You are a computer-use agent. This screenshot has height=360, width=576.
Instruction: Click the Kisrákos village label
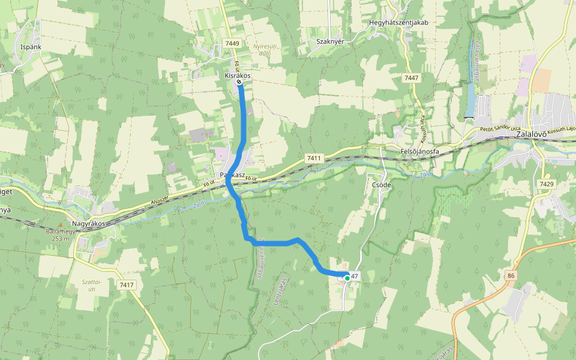tap(237, 76)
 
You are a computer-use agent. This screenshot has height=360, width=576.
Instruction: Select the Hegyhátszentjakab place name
tap(398, 22)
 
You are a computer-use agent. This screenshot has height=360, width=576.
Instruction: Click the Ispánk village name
tap(30, 46)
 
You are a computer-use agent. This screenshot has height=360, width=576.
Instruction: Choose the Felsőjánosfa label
tap(419, 152)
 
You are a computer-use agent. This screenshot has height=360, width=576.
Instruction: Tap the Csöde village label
tap(382, 185)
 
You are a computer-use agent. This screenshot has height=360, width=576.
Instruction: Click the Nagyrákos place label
tap(88, 224)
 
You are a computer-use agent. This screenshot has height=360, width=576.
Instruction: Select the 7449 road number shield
tap(232, 43)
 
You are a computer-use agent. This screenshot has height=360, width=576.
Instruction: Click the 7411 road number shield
tap(314, 158)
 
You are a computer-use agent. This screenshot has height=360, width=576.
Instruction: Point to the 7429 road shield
tap(547, 184)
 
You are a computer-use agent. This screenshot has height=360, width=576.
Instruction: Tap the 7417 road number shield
tap(127, 284)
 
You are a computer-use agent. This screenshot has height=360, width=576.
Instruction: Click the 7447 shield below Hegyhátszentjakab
tap(412, 79)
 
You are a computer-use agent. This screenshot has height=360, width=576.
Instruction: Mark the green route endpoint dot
tap(347, 278)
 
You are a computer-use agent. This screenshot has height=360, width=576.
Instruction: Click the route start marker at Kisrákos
tap(239, 82)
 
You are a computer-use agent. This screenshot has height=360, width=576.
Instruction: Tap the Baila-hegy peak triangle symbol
tap(60, 225)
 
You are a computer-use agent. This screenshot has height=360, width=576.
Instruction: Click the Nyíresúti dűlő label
tap(262, 50)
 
